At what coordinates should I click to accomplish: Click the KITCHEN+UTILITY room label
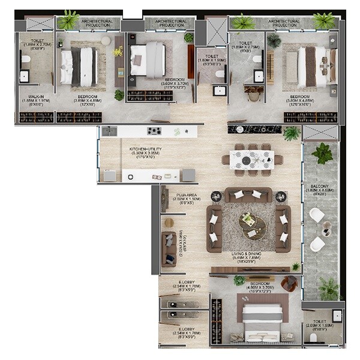coord(145,149)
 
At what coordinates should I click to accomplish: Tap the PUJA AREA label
coord(184,195)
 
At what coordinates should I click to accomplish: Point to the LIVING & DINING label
coord(248,254)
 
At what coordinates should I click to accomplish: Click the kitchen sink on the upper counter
coord(109,131)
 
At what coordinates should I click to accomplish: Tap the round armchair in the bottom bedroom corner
coord(289,283)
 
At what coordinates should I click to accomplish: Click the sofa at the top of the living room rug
coord(248,195)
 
